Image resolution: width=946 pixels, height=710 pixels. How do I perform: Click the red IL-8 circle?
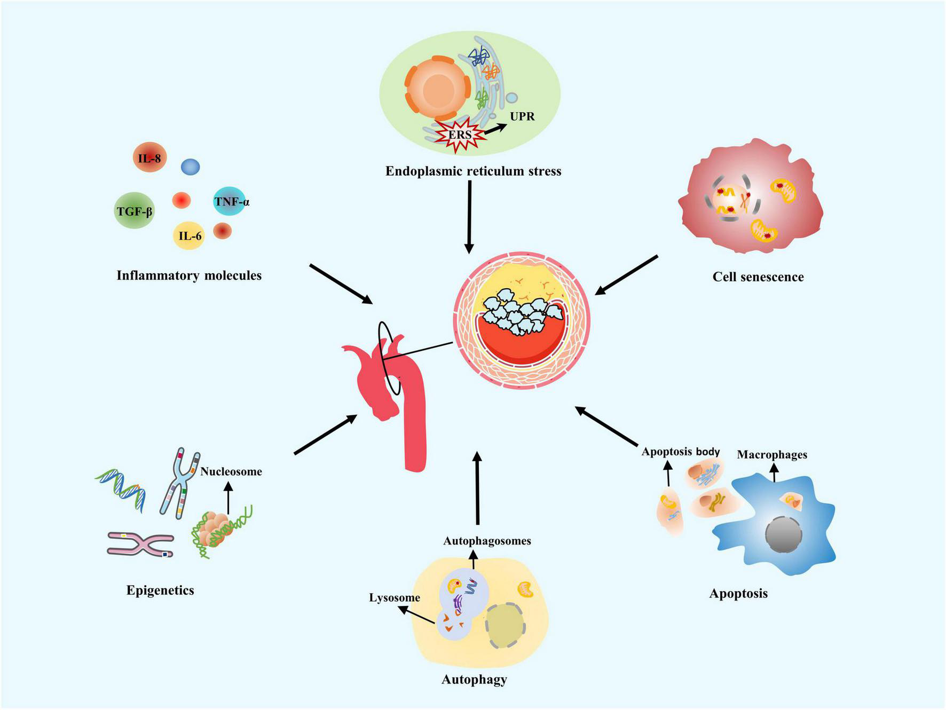click(x=149, y=157)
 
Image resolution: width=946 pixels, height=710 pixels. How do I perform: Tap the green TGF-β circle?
click(x=135, y=211)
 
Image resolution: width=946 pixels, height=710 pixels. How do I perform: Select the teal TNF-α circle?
click(x=230, y=201)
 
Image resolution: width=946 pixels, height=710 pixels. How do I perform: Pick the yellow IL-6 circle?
click(x=190, y=235)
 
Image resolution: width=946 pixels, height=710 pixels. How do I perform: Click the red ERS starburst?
click(x=460, y=135)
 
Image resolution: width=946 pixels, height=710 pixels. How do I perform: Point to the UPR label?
click(x=522, y=116)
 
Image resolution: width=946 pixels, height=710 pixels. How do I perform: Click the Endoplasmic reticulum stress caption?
click(x=473, y=171)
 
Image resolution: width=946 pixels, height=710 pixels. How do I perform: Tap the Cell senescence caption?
click(x=758, y=277)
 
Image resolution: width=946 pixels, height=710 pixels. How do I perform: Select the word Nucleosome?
click(x=231, y=471)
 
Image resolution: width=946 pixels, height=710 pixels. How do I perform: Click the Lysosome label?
click(x=394, y=597)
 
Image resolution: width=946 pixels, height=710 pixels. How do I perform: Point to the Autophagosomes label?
click(x=487, y=541)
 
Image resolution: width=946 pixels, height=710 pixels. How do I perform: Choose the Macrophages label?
click(x=771, y=454)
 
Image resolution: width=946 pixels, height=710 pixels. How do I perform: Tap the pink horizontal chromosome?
click(x=140, y=543)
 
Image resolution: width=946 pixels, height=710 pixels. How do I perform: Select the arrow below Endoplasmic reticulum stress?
click(x=469, y=216)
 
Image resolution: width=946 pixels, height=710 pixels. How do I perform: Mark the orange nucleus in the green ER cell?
click(x=438, y=90)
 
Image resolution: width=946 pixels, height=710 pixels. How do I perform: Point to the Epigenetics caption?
click(x=160, y=590)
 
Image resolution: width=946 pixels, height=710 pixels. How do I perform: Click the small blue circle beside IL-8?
click(x=190, y=167)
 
